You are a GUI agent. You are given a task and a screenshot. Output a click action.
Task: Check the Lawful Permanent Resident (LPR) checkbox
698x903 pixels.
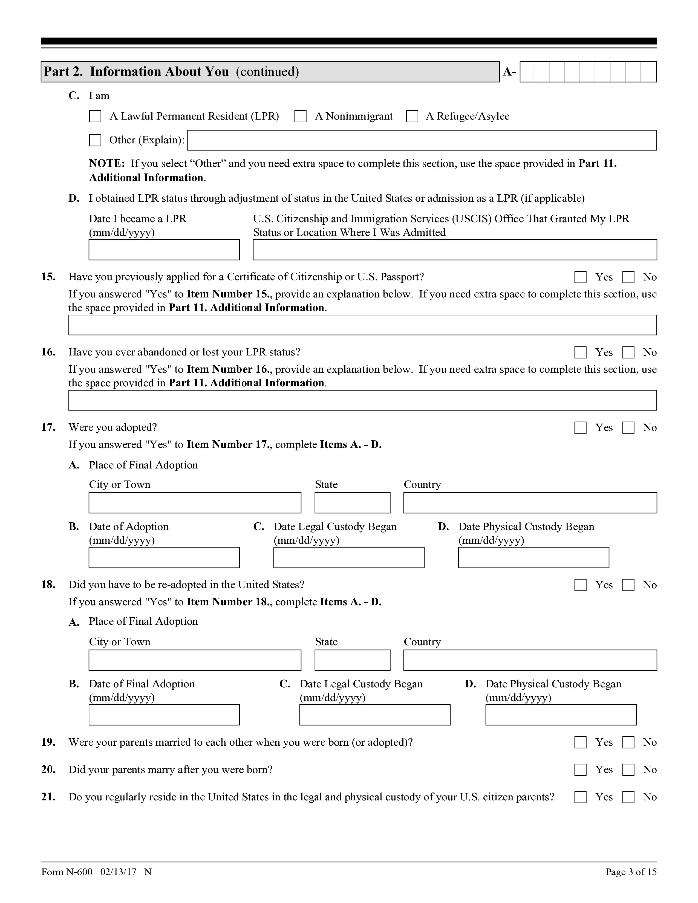coord(95,116)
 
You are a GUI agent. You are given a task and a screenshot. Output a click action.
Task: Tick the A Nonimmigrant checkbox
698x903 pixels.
coord(300,116)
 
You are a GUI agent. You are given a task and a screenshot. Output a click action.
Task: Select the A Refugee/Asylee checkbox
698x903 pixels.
coord(412,116)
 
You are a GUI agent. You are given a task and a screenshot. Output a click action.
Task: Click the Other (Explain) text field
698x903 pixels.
coord(421,140)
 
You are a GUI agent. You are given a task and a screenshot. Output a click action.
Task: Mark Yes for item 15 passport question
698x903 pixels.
coord(580,277)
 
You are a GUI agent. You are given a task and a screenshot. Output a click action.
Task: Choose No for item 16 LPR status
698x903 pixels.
coord(628,352)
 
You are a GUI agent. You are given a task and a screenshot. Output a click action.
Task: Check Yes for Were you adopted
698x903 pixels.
coord(580,427)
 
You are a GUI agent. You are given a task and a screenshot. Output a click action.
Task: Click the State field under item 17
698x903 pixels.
coord(352,503)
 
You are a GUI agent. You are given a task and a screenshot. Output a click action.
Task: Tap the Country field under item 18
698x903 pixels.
coord(530,660)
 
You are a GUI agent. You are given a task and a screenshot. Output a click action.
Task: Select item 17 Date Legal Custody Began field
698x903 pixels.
coord(348,558)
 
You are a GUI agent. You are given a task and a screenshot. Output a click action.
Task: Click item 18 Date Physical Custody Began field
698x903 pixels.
coord(561,715)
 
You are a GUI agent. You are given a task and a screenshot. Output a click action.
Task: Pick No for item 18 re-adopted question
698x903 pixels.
coord(628,585)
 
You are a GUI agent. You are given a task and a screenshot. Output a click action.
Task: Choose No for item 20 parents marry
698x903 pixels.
coord(628,770)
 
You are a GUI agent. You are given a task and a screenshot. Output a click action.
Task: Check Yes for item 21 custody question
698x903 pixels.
coord(580,797)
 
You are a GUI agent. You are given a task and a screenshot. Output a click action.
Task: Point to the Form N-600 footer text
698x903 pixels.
coord(67,872)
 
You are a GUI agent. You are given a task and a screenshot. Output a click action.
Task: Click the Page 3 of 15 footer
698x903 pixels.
coord(631,872)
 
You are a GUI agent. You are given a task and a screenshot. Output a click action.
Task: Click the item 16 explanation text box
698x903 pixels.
coord(362,400)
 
